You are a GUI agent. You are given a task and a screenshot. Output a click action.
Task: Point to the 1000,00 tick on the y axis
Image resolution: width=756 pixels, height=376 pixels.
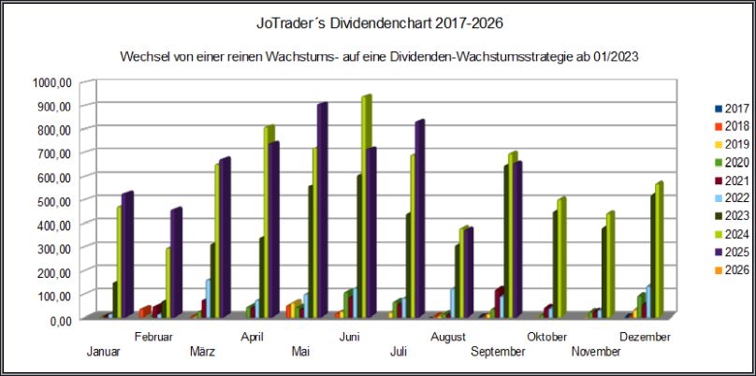[51, 82]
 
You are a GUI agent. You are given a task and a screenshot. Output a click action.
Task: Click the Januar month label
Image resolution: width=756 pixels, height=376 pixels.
[102, 351]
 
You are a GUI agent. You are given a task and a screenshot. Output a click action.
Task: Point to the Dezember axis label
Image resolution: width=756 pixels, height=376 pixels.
[647, 337]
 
